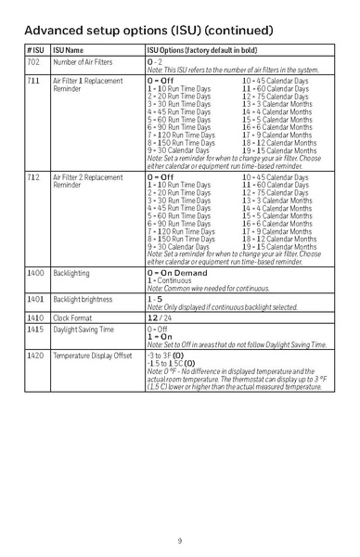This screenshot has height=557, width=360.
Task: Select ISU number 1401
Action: (35, 302)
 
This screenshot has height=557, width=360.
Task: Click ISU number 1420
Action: (35, 356)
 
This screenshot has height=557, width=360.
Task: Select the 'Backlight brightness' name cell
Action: (82, 302)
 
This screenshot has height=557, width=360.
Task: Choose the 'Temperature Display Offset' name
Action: (92, 356)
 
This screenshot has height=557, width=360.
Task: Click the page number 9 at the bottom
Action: (180, 540)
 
